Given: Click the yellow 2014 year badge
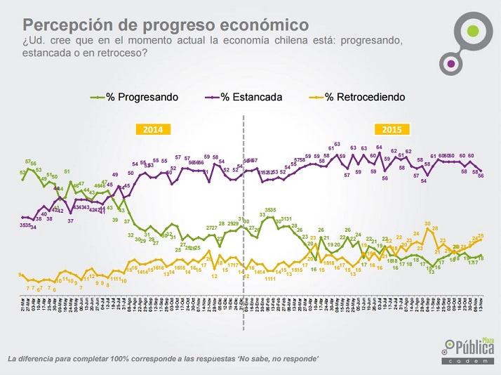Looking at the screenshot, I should coord(153,129).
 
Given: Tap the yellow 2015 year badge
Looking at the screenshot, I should coord(394,129).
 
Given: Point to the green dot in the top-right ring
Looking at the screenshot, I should coord(474,32).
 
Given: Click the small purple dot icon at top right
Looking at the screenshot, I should coord(452,64).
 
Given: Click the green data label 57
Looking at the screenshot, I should coord(28,162).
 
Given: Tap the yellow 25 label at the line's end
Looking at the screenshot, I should coord(481,236).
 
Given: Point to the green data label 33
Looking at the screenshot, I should coord(262,214).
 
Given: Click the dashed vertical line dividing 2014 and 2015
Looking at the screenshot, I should coord(243,211).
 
